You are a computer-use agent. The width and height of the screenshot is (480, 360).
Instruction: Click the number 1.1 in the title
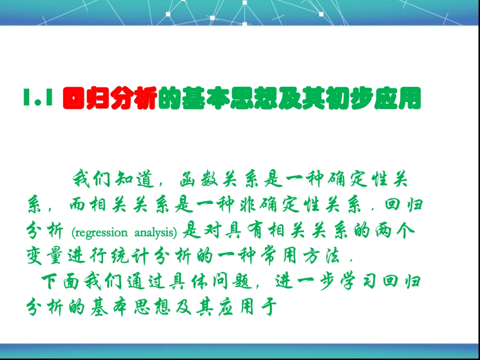pos(38,99)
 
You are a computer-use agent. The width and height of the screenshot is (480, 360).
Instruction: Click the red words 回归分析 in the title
pos(108,99)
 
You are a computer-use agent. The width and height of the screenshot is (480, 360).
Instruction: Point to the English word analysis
pos(156,233)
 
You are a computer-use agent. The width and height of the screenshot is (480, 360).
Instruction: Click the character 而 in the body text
pos(74,206)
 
